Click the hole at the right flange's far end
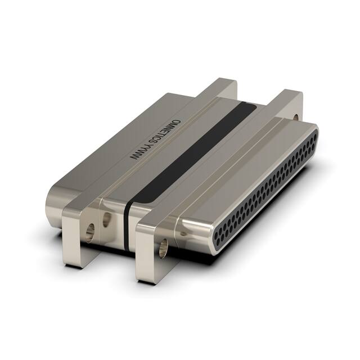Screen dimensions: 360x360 296,118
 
